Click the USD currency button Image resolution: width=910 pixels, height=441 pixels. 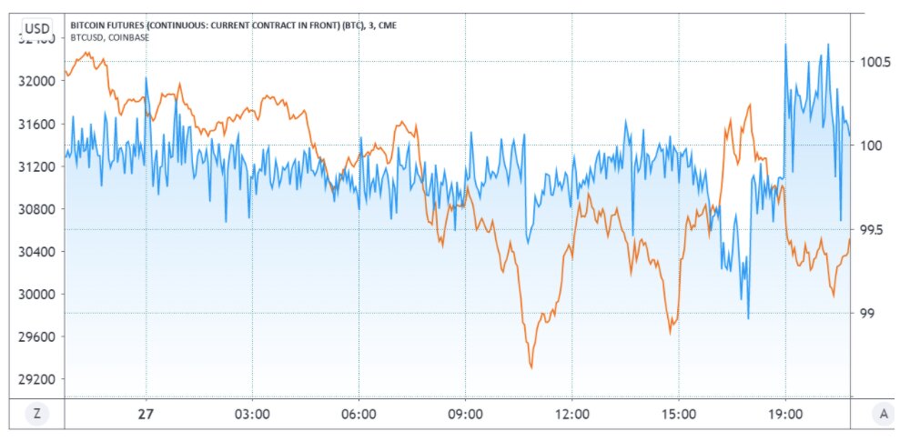(36, 27)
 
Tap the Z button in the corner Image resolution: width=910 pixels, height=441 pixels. (36, 414)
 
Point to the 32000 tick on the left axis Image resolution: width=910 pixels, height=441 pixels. (36, 81)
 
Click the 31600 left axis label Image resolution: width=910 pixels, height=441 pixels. (36, 124)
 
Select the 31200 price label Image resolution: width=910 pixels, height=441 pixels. (36, 166)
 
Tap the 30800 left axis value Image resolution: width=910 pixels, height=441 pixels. (36, 209)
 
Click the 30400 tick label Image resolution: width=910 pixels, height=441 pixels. (36, 252)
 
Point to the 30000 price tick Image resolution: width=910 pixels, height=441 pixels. (36, 295)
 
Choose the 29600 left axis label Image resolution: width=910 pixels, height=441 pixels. (36, 336)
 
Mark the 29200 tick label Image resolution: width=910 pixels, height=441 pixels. (36, 379)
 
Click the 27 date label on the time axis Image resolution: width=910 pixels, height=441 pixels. (146, 414)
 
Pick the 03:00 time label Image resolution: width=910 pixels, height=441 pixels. (252, 414)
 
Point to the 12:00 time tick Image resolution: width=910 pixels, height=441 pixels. (571, 414)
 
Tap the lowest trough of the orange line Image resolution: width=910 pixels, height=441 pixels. (531, 367)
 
